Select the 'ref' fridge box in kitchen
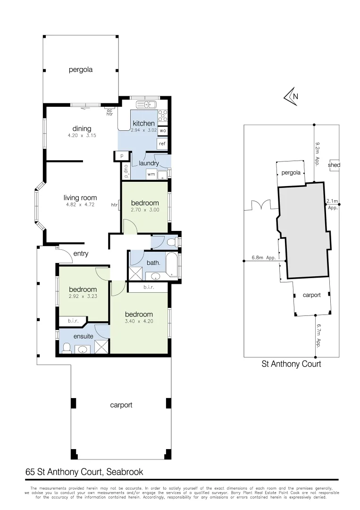162,144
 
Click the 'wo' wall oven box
162,130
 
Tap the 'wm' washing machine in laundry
151,174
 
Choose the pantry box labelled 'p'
122,155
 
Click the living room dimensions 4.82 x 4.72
81,204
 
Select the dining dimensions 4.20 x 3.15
82,136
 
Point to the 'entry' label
81,254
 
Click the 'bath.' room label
153,262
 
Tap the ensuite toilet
67,348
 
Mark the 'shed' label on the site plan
334,165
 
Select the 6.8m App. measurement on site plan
264,258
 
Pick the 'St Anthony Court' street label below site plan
291,364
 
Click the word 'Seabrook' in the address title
125,471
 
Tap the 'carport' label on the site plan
311,295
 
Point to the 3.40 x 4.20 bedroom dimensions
139,322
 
